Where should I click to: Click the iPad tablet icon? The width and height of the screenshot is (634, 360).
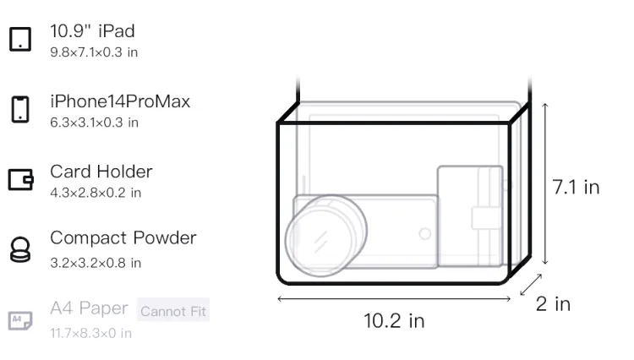[20, 39]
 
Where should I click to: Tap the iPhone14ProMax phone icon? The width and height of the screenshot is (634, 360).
[20, 109]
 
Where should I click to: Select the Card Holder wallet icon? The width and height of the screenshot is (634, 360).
[20, 179]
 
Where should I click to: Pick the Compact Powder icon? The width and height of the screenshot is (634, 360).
[20, 249]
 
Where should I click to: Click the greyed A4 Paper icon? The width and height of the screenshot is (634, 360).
[20, 320]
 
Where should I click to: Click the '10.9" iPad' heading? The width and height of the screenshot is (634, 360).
[92, 31]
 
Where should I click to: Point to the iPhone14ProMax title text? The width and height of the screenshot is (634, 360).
[120, 101]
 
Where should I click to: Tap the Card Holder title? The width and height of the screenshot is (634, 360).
[101, 172]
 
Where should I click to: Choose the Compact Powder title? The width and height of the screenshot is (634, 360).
[123, 238]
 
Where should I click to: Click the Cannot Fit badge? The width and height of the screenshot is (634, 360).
[173, 310]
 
